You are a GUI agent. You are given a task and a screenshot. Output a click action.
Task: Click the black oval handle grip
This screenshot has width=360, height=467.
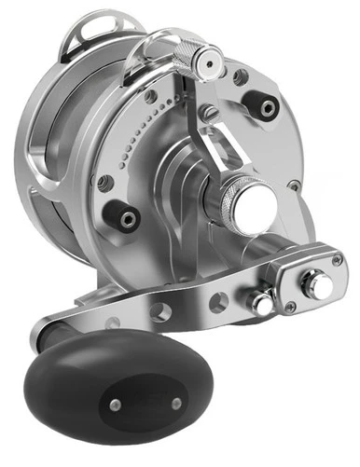[x=121, y=372]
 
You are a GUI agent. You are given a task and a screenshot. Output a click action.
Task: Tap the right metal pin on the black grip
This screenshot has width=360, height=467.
[x=175, y=404]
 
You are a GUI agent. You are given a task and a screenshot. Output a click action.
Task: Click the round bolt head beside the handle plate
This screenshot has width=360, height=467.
[x=260, y=303]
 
